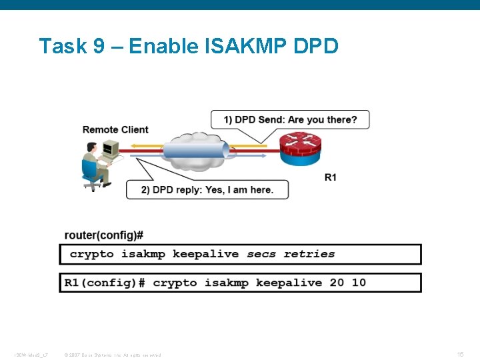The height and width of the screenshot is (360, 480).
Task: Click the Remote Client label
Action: point(115,129)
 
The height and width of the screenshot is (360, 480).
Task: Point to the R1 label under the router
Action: point(330,177)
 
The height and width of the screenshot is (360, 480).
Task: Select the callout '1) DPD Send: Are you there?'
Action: point(290,120)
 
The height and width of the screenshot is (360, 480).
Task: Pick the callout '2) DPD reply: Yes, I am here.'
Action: point(207,189)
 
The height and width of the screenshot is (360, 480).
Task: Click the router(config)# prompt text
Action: point(103,235)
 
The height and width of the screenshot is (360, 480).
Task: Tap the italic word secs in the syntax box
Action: point(261,254)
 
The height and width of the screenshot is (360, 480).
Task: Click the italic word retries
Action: point(309,254)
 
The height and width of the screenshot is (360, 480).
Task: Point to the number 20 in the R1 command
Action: point(337,283)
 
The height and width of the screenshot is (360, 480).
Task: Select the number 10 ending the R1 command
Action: point(359,283)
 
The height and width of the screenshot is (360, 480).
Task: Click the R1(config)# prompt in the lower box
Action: point(104,283)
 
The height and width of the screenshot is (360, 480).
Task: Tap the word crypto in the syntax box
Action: point(92,254)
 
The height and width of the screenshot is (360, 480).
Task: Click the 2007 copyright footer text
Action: point(112,355)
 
